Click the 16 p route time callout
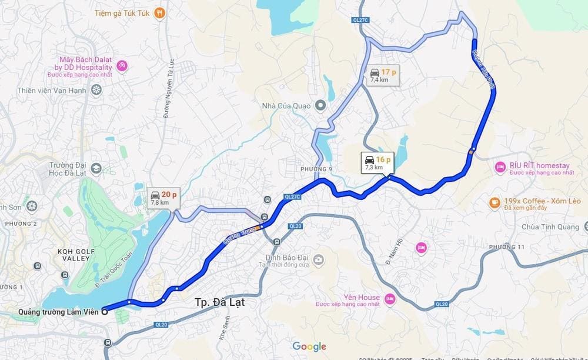pyautogui.click(x=374, y=162)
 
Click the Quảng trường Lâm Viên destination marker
pyautogui.click(x=105, y=311)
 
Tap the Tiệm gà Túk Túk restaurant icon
pyautogui.click(x=159, y=12)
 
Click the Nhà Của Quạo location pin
pyautogui.click(x=320, y=105)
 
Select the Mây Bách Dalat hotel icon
pyautogui.click(x=122, y=65)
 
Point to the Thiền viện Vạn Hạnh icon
pyautogui.click(x=96, y=90)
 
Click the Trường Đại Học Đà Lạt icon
pyautogui.click(x=96, y=169)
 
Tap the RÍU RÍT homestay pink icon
pyautogui.click(x=500, y=168)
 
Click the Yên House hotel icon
pyautogui.click(x=389, y=300)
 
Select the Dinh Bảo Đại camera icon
pyautogui.click(x=318, y=259)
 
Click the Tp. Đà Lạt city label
pyautogui.click(x=219, y=303)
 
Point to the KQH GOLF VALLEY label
pyautogui.click(x=73, y=255)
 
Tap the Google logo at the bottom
pyautogui.click(x=309, y=346)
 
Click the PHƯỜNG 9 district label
pyautogui.click(x=316, y=169)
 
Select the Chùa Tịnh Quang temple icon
pyautogui.click(x=586, y=226)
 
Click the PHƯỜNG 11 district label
pyautogui.click(x=506, y=246)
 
